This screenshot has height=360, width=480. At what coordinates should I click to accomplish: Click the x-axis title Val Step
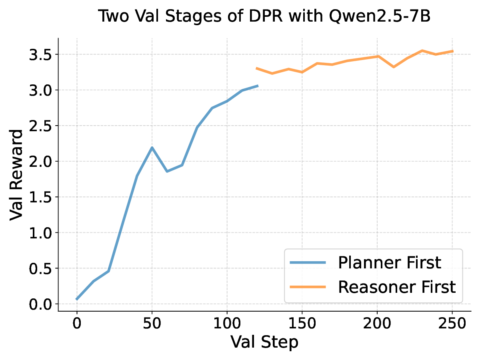[x=264, y=342]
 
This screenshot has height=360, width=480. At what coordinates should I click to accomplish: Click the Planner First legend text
[x=389, y=263]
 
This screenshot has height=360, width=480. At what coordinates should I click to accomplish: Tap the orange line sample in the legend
[x=308, y=287]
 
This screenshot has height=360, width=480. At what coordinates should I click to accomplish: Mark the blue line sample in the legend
[x=308, y=263]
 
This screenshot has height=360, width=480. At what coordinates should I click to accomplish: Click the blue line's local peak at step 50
[x=152, y=148]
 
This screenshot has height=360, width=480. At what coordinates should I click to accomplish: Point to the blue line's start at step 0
[x=77, y=299]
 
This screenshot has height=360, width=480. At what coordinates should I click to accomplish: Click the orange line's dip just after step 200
[x=394, y=67]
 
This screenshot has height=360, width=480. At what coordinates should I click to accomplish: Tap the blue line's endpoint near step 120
[x=257, y=86]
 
